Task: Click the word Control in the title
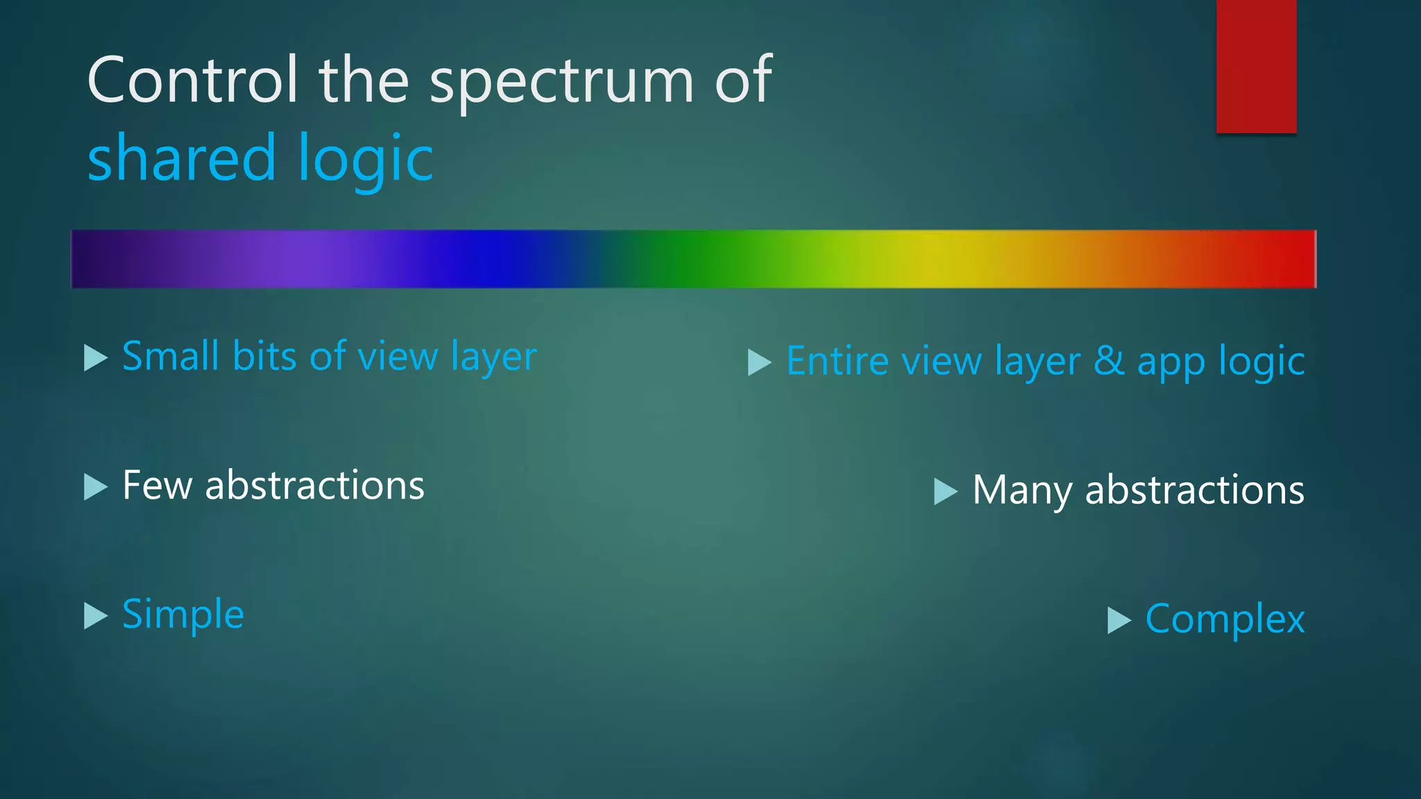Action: (192, 80)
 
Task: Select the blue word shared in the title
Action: (182, 158)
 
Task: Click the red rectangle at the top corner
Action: (1256, 66)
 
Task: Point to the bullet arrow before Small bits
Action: (95, 358)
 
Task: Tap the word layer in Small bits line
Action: (493, 358)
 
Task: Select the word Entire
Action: (837, 361)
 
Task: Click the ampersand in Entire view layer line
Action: (1109, 361)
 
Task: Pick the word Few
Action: (157, 485)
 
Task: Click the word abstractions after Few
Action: (314, 485)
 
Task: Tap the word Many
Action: (1022, 490)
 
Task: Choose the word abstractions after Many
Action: (1194, 490)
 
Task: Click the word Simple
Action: (183, 615)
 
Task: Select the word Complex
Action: (1225, 619)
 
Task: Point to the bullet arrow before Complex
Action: (1118, 620)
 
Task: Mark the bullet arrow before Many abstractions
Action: (945, 491)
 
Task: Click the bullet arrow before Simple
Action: (95, 615)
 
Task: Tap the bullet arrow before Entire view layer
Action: (759, 362)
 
